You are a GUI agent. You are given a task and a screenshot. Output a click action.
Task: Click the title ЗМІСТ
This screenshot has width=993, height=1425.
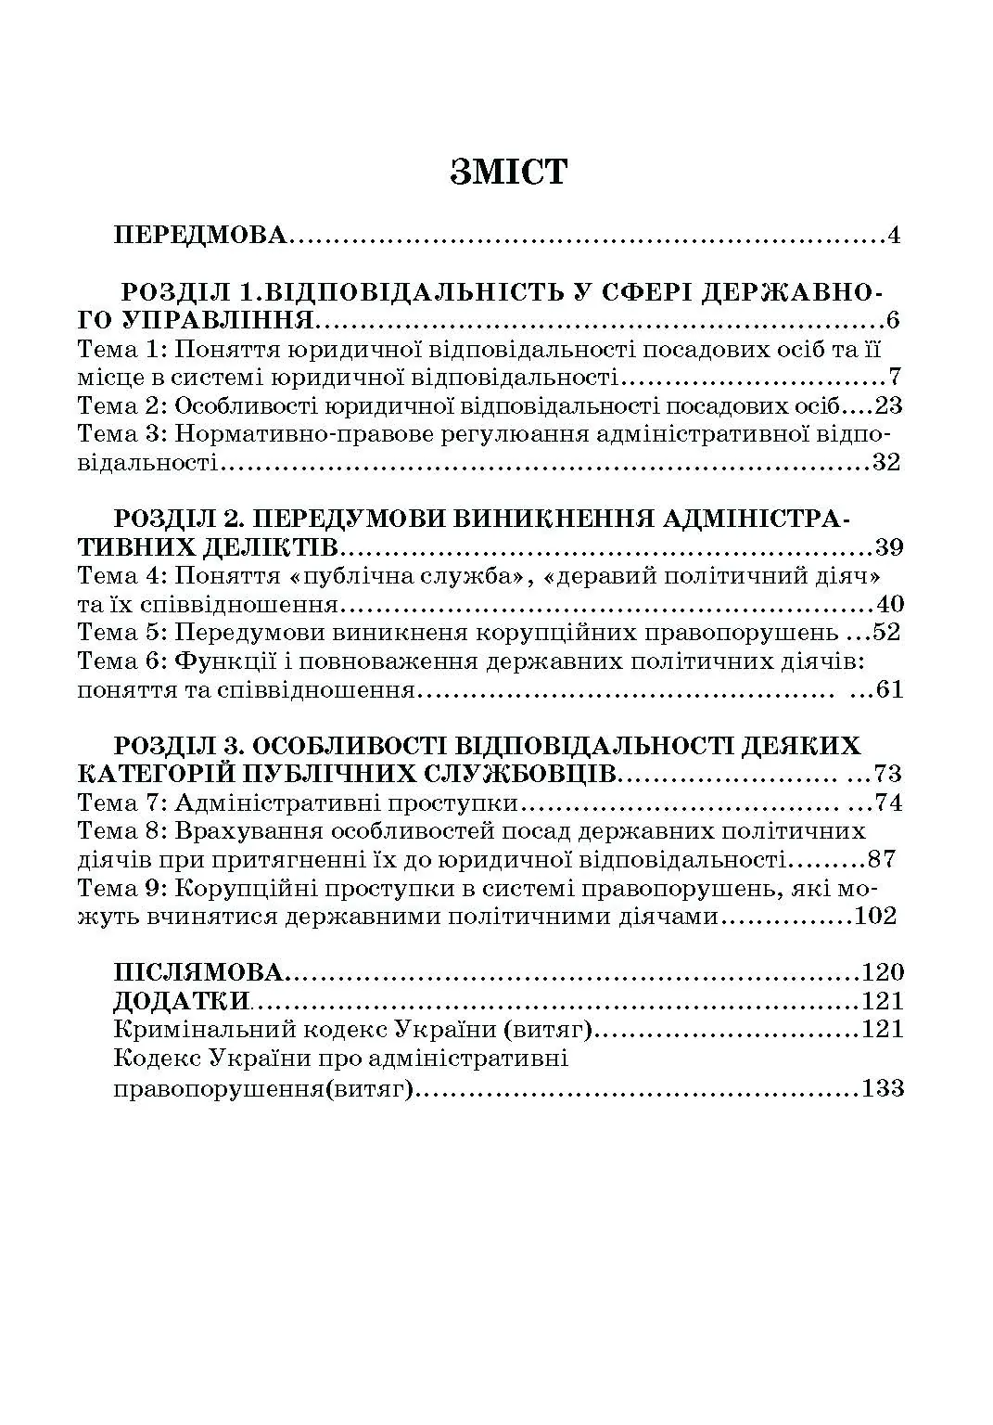(x=507, y=173)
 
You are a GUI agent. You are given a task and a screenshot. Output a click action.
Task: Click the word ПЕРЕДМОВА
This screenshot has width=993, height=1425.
(x=200, y=235)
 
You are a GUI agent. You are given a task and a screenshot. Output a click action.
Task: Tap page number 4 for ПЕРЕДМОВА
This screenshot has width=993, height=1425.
(x=893, y=235)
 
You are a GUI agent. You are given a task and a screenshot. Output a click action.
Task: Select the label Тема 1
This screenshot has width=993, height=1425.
(x=120, y=350)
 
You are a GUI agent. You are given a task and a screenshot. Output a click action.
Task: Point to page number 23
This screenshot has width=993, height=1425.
(x=887, y=405)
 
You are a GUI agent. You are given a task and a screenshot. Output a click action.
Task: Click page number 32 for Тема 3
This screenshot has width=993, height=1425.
(x=886, y=462)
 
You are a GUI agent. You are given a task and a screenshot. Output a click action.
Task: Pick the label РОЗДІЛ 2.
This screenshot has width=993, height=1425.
(x=176, y=518)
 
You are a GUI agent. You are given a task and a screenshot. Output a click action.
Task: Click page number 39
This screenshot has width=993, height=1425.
(x=888, y=546)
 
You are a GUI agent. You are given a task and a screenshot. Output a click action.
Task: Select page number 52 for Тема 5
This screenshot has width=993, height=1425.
(x=886, y=633)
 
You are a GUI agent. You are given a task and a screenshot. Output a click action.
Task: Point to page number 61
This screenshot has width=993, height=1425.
(x=888, y=690)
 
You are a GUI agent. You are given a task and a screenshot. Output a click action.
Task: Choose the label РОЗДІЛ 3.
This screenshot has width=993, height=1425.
(x=176, y=745)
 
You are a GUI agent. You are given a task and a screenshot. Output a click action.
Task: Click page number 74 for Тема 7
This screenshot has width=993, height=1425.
(x=887, y=802)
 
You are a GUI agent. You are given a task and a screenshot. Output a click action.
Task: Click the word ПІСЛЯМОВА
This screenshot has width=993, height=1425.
(x=198, y=972)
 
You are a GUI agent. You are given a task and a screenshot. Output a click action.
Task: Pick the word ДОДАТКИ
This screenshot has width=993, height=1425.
(x=182, y=1001)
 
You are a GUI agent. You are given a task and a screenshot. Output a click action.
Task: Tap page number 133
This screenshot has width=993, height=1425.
(x=882, y=1087)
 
